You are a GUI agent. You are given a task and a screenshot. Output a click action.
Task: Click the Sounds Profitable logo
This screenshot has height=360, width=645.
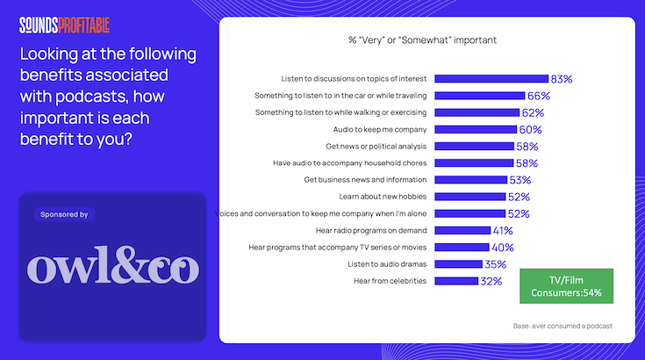65,25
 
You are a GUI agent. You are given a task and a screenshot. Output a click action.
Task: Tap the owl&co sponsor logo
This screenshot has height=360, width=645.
113,268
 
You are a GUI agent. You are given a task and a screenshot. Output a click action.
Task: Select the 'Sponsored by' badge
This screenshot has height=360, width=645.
64,214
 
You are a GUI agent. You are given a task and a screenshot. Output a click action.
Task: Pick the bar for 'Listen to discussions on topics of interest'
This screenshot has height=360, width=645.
491,78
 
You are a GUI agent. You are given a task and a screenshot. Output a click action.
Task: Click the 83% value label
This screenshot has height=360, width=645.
562,79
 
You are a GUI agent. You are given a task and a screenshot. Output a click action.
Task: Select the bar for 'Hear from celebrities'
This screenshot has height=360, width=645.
456,281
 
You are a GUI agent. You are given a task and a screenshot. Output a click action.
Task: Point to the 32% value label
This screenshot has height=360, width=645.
491,281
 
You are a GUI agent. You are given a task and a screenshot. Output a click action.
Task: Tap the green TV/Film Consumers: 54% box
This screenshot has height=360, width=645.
566,285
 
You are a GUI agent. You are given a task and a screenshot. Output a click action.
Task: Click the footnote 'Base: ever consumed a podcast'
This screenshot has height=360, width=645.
562,326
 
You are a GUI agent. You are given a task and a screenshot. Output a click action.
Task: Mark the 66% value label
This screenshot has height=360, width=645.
538,96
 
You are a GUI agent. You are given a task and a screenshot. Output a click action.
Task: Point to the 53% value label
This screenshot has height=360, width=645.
520,180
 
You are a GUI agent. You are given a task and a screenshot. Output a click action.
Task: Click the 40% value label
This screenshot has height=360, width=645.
503,248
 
